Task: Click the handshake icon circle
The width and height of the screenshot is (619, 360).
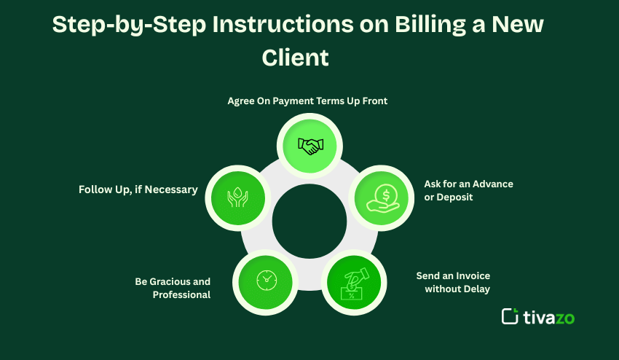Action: pos(311,146)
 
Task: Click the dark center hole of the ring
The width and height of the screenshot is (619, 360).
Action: pos(309,221)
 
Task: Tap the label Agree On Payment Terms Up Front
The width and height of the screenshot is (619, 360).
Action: pos(307,101)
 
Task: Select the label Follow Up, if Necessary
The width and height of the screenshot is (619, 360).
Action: pos(138,189)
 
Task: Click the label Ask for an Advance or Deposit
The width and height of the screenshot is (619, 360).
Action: pos(468,190)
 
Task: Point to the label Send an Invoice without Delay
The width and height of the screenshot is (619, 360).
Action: pos(453,282)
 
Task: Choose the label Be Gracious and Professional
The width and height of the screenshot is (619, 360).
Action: pos(173,288)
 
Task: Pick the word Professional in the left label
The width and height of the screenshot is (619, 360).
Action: pos(181,294)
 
